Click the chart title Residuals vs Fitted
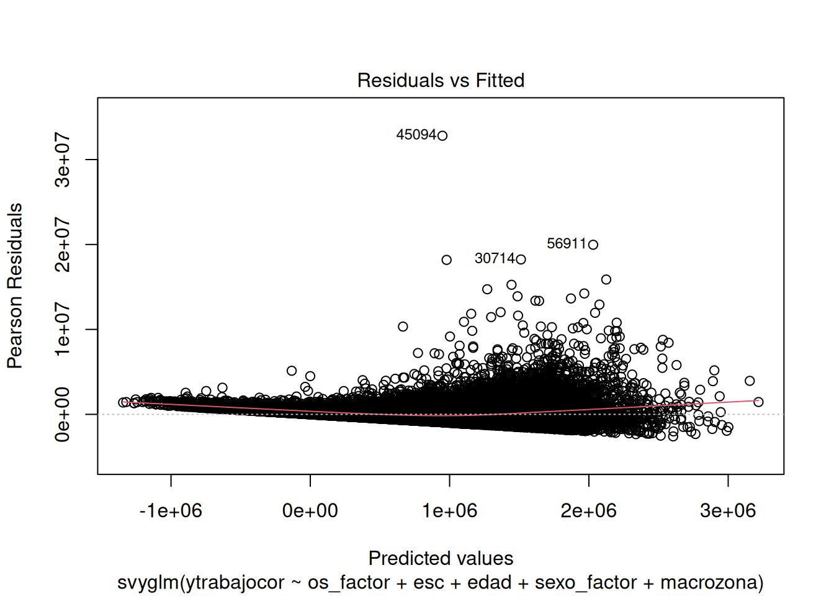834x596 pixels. [441, 81]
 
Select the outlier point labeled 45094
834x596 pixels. [442, 135]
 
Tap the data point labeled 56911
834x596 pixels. [593, 245]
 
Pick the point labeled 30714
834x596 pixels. [521, 260]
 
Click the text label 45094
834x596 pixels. [416, 135]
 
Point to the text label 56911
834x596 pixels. [567, 243]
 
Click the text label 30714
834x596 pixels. [495, 258]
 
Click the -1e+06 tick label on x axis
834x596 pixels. [171, 511]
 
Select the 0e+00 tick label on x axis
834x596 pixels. [310, 511]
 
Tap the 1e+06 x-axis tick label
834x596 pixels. [449, 511]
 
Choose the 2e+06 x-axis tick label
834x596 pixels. [588, 511]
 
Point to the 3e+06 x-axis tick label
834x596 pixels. [728, 511]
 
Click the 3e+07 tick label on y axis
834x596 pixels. [63, 160]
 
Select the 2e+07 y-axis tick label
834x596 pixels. [63, 245]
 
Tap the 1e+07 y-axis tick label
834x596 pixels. [63, 329]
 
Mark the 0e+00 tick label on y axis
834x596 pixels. [63, 414]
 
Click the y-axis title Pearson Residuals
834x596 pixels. [15, 286]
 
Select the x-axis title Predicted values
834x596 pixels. [441, 559]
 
